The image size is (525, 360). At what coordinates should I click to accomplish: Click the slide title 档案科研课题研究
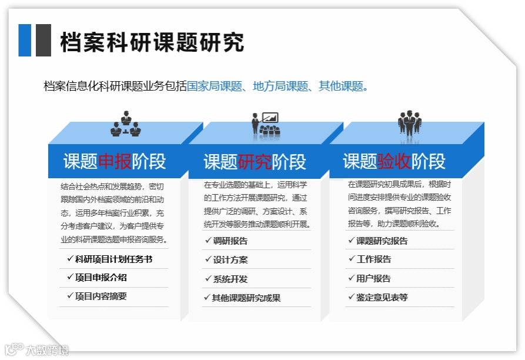click(x=152, y=43)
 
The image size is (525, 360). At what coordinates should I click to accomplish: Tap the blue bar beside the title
click(x=25, y=40)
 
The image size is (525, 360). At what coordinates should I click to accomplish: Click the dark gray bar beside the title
click(x=43, y=40)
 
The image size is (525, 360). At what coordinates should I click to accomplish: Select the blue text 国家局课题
click(x=215, y=86)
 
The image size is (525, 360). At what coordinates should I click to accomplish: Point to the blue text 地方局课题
click(x=281, y=86)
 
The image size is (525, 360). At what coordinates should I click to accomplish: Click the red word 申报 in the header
click(x=115, y=161)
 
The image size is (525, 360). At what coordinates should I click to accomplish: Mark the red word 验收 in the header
click(x=394, y=161)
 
